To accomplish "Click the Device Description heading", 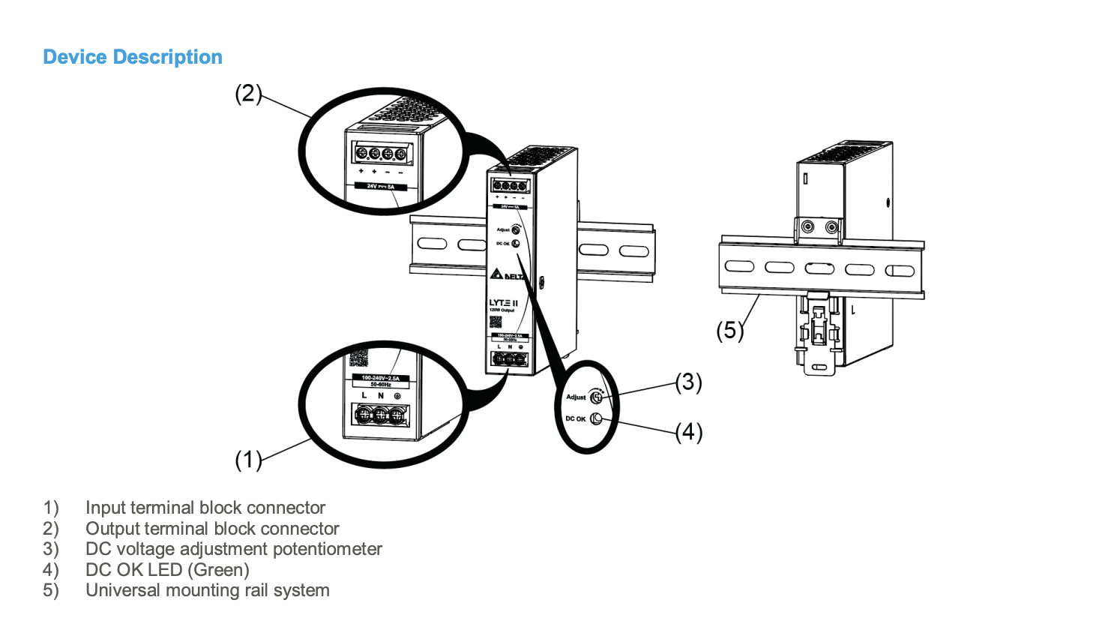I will point(133,57).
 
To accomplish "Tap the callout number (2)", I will point(248,94).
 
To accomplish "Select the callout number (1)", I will point(248,459).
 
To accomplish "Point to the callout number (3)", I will point(688,382).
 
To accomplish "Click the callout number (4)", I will point(688,432).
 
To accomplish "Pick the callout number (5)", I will point(729,330).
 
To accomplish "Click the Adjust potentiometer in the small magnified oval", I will point(597,396).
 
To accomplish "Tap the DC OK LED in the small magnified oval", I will point(597,418).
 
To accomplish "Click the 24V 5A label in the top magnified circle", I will point(380,186).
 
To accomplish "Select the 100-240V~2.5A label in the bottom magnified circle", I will point(380,378).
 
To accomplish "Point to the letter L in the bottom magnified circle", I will point(364,395).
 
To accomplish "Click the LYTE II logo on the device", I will point(503,302).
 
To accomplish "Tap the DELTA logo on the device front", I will point(509,275).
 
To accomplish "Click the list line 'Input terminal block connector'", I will point(205,508).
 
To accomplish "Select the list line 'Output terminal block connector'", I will point(212,529).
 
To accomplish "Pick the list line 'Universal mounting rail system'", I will point(208,590).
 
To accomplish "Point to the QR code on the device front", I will point(496,321).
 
